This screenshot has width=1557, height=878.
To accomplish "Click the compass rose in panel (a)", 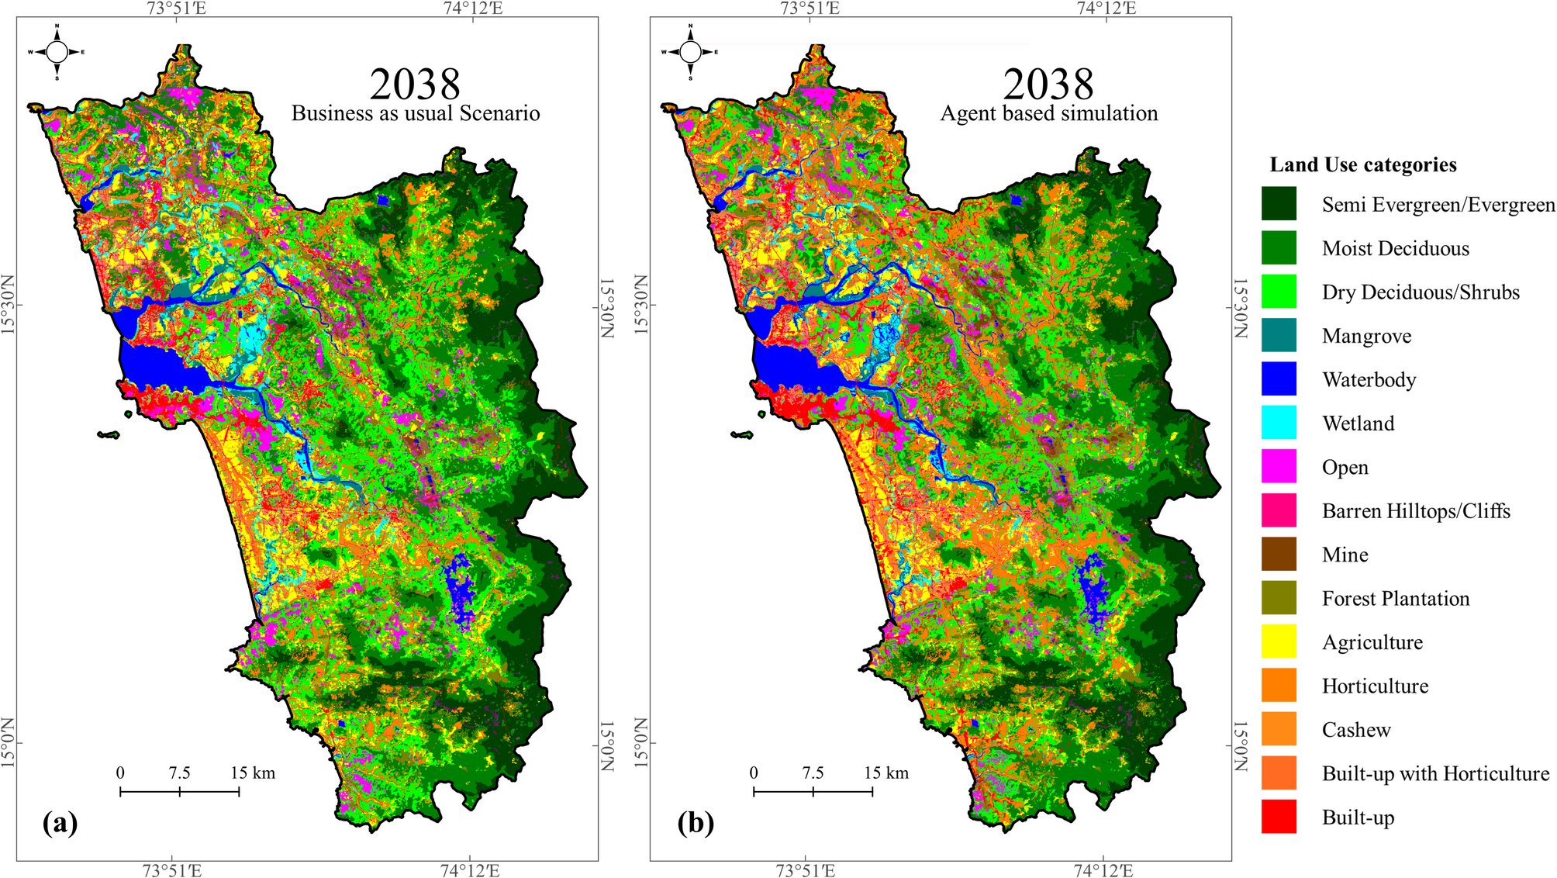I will click(x=57, y=52).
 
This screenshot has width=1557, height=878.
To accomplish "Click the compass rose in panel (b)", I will click(x=690, y=52).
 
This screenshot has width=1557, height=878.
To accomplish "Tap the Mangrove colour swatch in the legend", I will click(x=1279, y=335).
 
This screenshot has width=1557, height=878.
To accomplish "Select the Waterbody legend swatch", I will click(x=1279, y=379).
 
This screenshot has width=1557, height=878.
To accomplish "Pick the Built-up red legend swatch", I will click(x=1279, y=817).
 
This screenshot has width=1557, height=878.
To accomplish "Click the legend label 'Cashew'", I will click(x=1356, y=730).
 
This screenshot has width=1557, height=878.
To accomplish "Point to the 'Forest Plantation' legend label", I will click(x=1395, y=599).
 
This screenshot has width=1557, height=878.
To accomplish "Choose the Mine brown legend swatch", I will click(x=1279, y=554).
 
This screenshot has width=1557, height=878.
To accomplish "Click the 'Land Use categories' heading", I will click(x=1362, y=164).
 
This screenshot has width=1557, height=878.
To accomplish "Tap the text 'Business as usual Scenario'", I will click(x=416, y=113).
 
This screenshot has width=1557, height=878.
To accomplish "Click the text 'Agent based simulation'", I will click(x=1049, y=113).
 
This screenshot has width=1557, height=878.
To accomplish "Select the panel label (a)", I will click(x=60, y=822).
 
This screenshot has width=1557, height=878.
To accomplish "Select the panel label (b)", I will click(x=695, y=822).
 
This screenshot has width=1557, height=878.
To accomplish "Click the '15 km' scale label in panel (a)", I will click(x=253, y=773).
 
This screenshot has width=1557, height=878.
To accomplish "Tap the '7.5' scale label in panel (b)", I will click(x=813, y=773).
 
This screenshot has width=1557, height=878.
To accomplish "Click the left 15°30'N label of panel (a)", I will click(x=9, y=305).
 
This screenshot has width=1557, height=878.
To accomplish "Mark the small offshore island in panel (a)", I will click(x=109, y=435).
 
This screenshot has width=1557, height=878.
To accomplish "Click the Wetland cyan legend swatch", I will click(x=1279, y=423).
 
